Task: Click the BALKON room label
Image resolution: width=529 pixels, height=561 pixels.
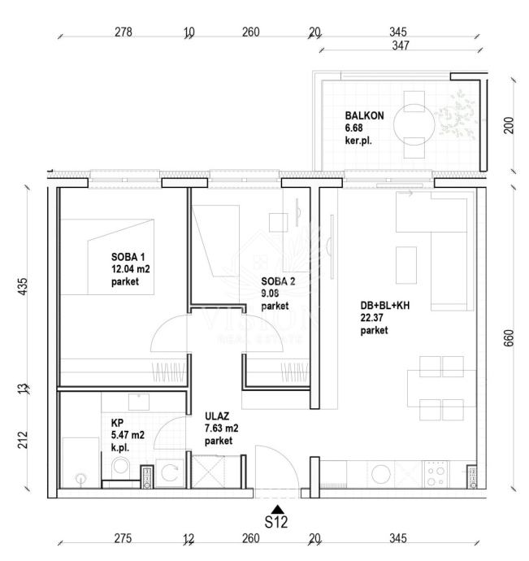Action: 364,115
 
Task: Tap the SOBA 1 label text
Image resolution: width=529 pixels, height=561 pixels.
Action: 128,257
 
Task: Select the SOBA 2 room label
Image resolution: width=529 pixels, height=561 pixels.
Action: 278,281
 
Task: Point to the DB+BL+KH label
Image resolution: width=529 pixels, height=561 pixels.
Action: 385,306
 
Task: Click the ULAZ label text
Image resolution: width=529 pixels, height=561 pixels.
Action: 217,416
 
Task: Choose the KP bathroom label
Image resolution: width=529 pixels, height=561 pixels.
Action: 117,423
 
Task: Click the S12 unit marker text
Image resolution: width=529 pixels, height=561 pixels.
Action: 275,522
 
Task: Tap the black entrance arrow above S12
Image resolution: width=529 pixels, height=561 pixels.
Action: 278,510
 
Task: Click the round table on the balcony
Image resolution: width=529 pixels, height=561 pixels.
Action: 414,124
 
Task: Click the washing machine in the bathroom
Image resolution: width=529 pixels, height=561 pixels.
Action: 170,473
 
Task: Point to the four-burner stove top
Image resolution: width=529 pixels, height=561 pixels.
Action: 436,474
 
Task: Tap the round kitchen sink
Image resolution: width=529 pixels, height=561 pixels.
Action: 380,474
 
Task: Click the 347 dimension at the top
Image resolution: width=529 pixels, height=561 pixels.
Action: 401,46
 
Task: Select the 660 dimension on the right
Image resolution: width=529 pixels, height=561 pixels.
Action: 508,338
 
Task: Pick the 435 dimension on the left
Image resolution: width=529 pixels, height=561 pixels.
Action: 22,286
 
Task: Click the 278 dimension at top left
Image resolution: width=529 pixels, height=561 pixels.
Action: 124,33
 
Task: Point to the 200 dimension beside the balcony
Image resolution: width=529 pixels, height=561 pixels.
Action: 508,125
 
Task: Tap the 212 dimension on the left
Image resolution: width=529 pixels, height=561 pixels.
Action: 22,440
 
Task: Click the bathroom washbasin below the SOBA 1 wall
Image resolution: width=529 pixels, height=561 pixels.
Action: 139,402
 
